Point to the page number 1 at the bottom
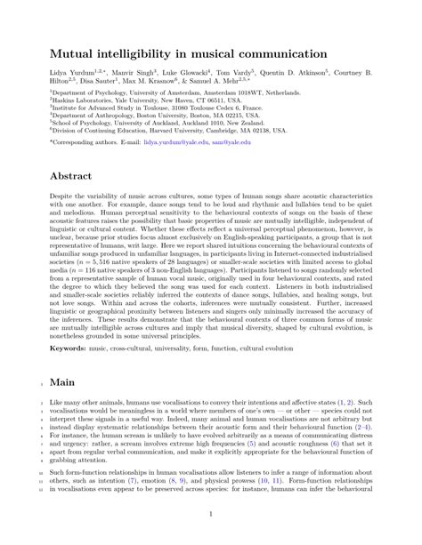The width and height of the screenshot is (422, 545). (210, 513)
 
